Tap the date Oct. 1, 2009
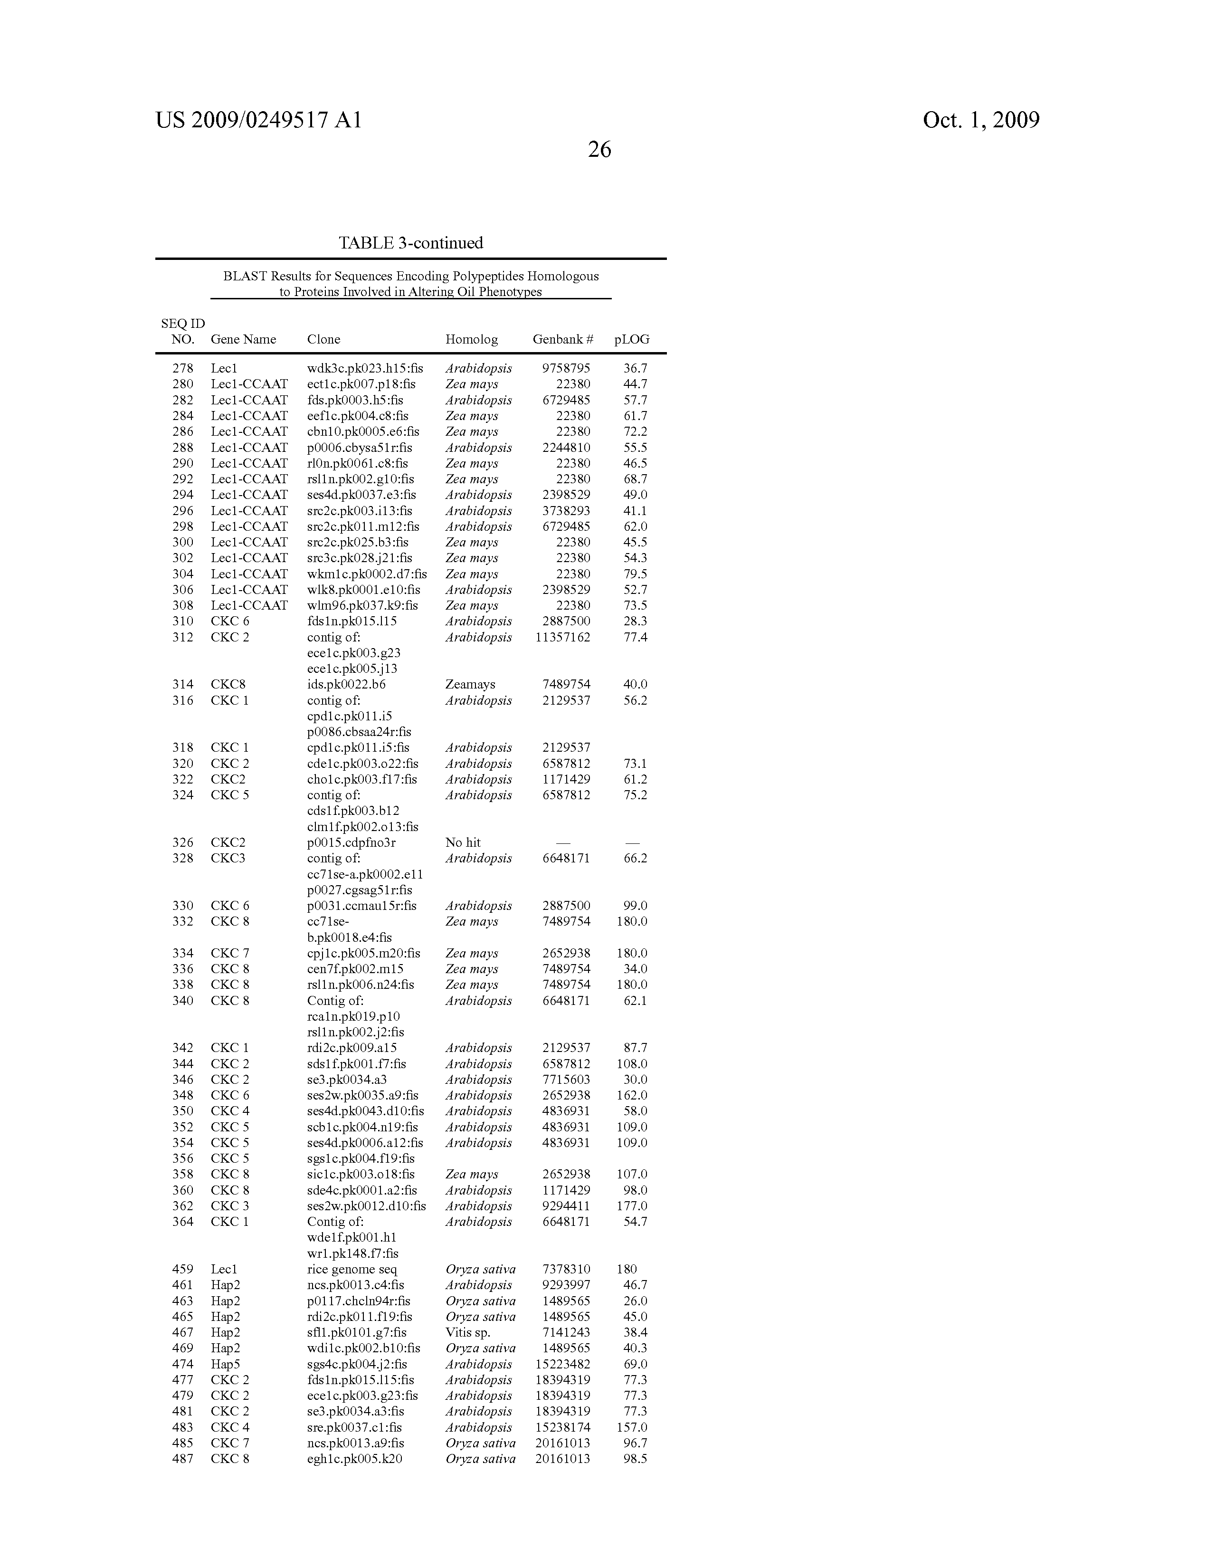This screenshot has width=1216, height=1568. point(980,120)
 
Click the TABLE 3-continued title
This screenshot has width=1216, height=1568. point(410,243)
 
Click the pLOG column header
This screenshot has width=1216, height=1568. point(632,340)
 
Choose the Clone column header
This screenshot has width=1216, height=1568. point(324,340)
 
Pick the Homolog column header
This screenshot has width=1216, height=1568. point(471,340)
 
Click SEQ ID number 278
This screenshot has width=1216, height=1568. point(183,368)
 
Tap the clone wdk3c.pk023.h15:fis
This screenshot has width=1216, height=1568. point(365,368)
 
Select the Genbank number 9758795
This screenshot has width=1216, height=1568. point(566,368)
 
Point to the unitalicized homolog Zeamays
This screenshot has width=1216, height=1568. point(470,684)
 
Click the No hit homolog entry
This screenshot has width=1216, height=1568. point(463,842)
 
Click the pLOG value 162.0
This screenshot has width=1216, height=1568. point(632,1096)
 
